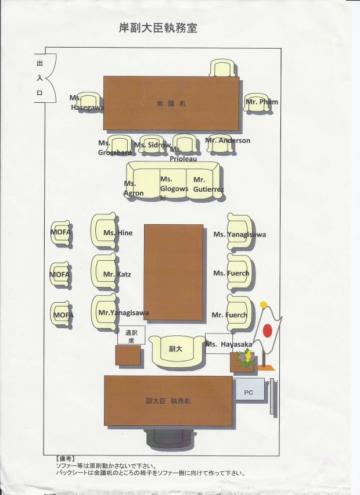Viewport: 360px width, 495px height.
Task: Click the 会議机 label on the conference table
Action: point(171,103)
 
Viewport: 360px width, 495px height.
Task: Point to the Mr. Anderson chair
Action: point(220,143)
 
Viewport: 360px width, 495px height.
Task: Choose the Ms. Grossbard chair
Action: point(120,145)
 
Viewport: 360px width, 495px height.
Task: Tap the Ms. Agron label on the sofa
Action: point(134,188)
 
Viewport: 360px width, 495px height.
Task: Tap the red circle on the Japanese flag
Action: point(268,330)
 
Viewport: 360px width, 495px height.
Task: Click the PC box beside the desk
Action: point(249,393)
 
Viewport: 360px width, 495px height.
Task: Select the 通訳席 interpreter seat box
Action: point(131,337)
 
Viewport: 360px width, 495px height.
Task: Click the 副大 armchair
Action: point(175,351)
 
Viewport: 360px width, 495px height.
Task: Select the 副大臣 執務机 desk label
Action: point(169,401)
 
